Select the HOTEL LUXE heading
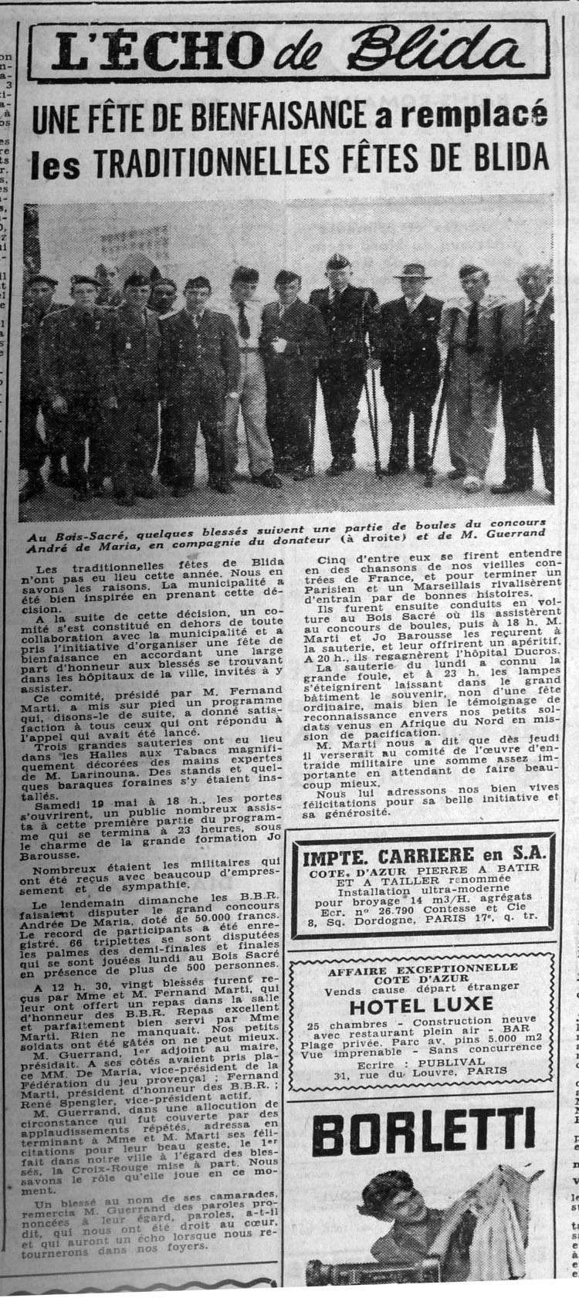click(420, 1005)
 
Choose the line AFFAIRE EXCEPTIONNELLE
click(421, 968)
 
